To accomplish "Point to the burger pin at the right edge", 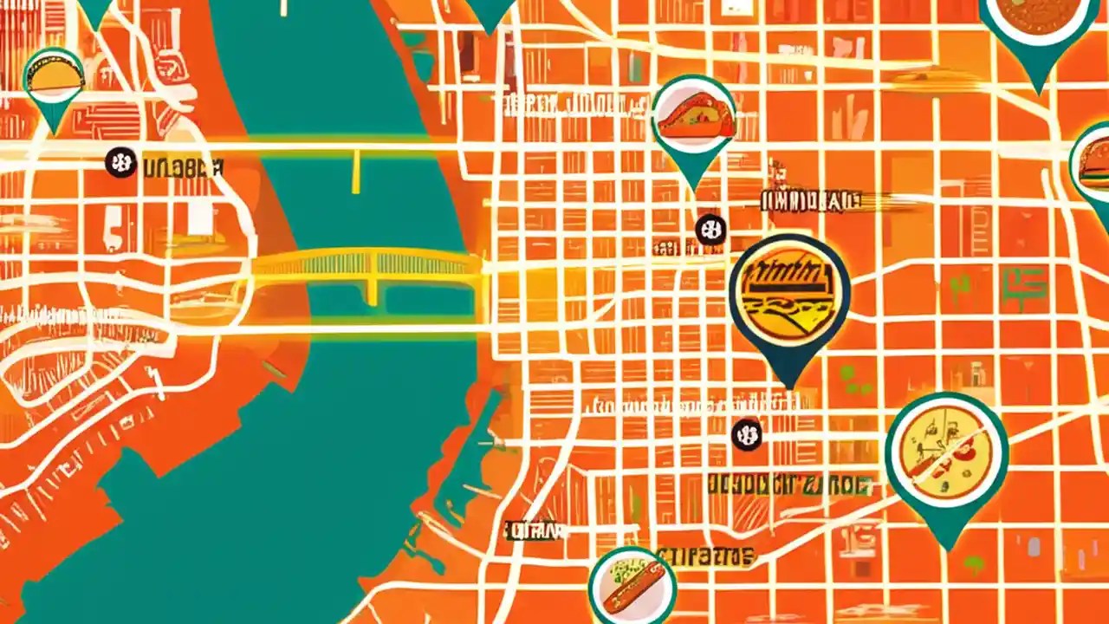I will [x=1093, y=165].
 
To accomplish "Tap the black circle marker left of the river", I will [x=120, y=163].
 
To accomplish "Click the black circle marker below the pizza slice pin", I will [x=710, y=230].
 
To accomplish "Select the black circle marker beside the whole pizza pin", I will [x=747, y=434].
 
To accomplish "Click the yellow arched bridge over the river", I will [x=368, y=264].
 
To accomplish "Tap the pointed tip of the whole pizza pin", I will [x=949, y=548].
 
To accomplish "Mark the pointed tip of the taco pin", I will [x=55, y=133].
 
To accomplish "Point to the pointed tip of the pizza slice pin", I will [x=693, y=188].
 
